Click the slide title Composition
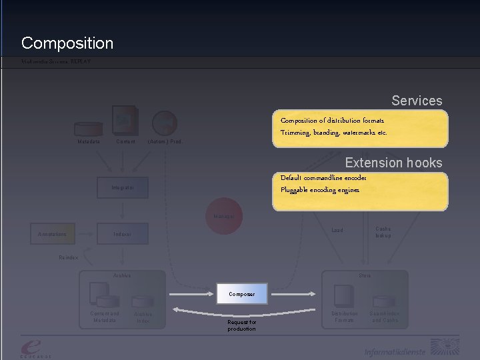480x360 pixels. (x=67, y=43)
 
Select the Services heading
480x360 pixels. (x=417, y=101)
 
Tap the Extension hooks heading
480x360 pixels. (x=393, y=163)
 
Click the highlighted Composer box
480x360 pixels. (x=242, y=293)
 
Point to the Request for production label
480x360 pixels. (x=241, y=325)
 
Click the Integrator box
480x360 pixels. (x=123, y=188)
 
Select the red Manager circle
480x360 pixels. (x=223, y=216)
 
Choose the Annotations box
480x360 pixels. (x=53, y=234)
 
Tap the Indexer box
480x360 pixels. (x=123, y=234)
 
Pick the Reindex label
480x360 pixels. (x=69, y=257)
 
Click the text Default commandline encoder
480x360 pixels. (x=323, y=178)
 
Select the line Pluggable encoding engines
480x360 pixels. (x=320, y=190)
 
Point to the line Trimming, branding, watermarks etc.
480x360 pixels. (x=333, y=132)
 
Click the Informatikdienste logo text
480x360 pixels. (x=395, y=351)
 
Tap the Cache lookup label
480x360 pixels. (x=383, y=232)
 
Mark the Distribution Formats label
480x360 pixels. (x=345, y=317)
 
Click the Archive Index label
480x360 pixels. (x=143, y=317)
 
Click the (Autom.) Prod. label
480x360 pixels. (x=164, y=141)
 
